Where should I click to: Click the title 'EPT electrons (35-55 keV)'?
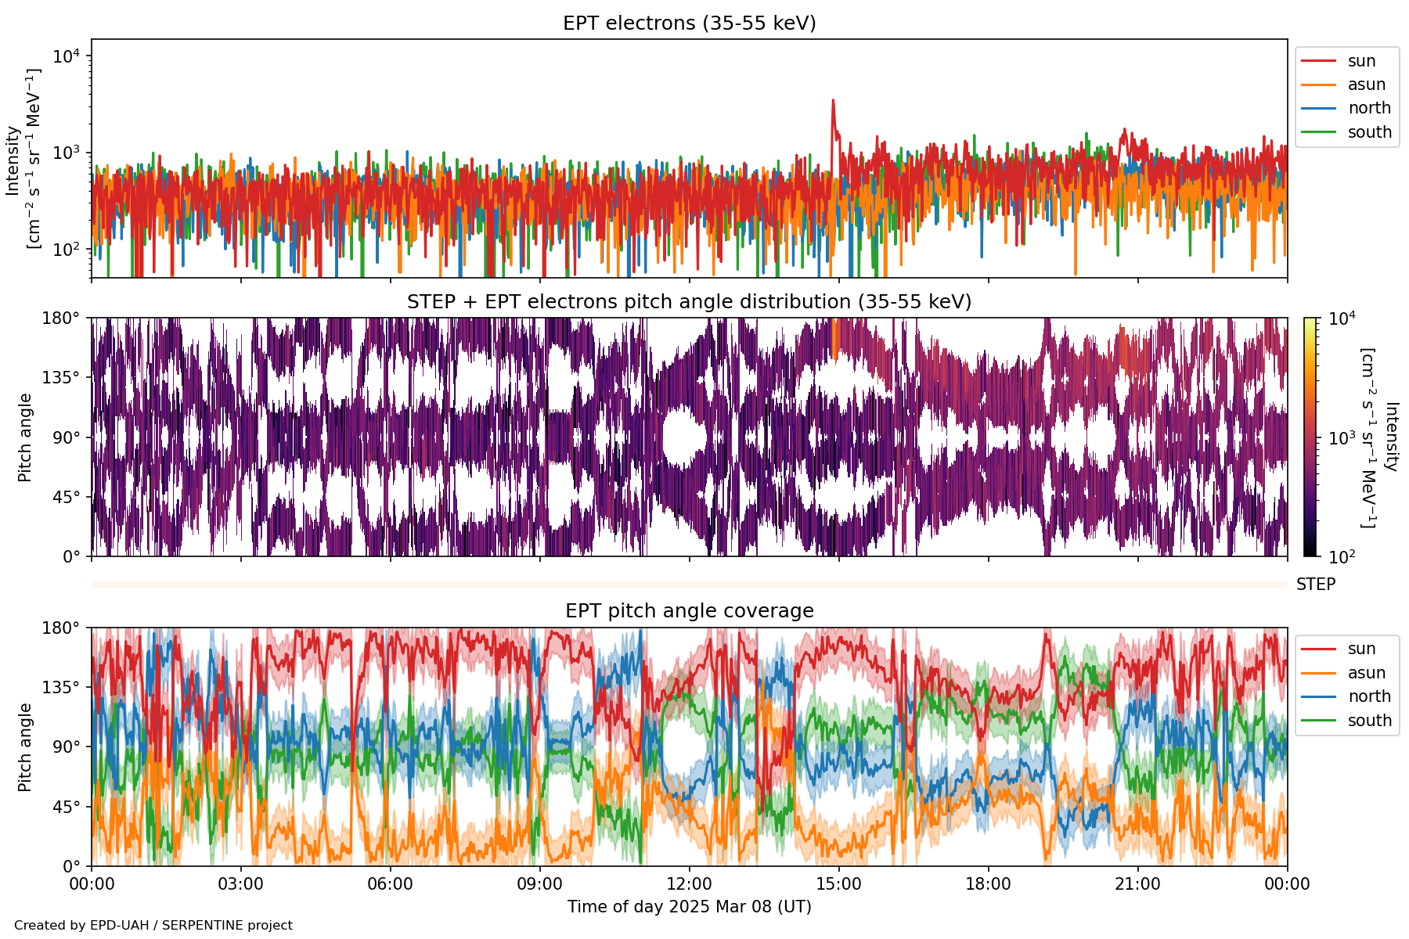pyautogui.click(x=689, y=23)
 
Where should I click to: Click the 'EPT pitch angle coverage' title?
pyautogui.click(x=689, y=611)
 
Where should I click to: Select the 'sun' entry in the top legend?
pyautogui.click(x=1361, y=61)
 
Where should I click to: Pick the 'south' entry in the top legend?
pyautogui.click(x=1369, y=132)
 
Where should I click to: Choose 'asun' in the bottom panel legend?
pyautogui.click(x=1366, y=673)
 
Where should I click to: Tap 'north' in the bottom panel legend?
pyautogui.click(x=1369, y=696)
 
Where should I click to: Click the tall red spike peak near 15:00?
pyautogui.click(x=833, y=100)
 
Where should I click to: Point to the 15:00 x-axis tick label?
pyautogui.click(x=838, y=884)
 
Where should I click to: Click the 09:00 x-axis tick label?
pyautogui.click(x=539, y=884)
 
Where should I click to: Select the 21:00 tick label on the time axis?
pyautogui.click(x=1137, y=884)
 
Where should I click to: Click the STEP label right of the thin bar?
pyautogui.click(x=1315, y=585)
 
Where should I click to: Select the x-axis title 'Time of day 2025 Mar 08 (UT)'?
pyautogui.click(x=689, y=907)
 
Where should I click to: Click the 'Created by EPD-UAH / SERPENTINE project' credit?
pyautogui.click(x=153, y=926)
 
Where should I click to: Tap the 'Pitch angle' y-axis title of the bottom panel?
pyautogui.click(x=25, y=747)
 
